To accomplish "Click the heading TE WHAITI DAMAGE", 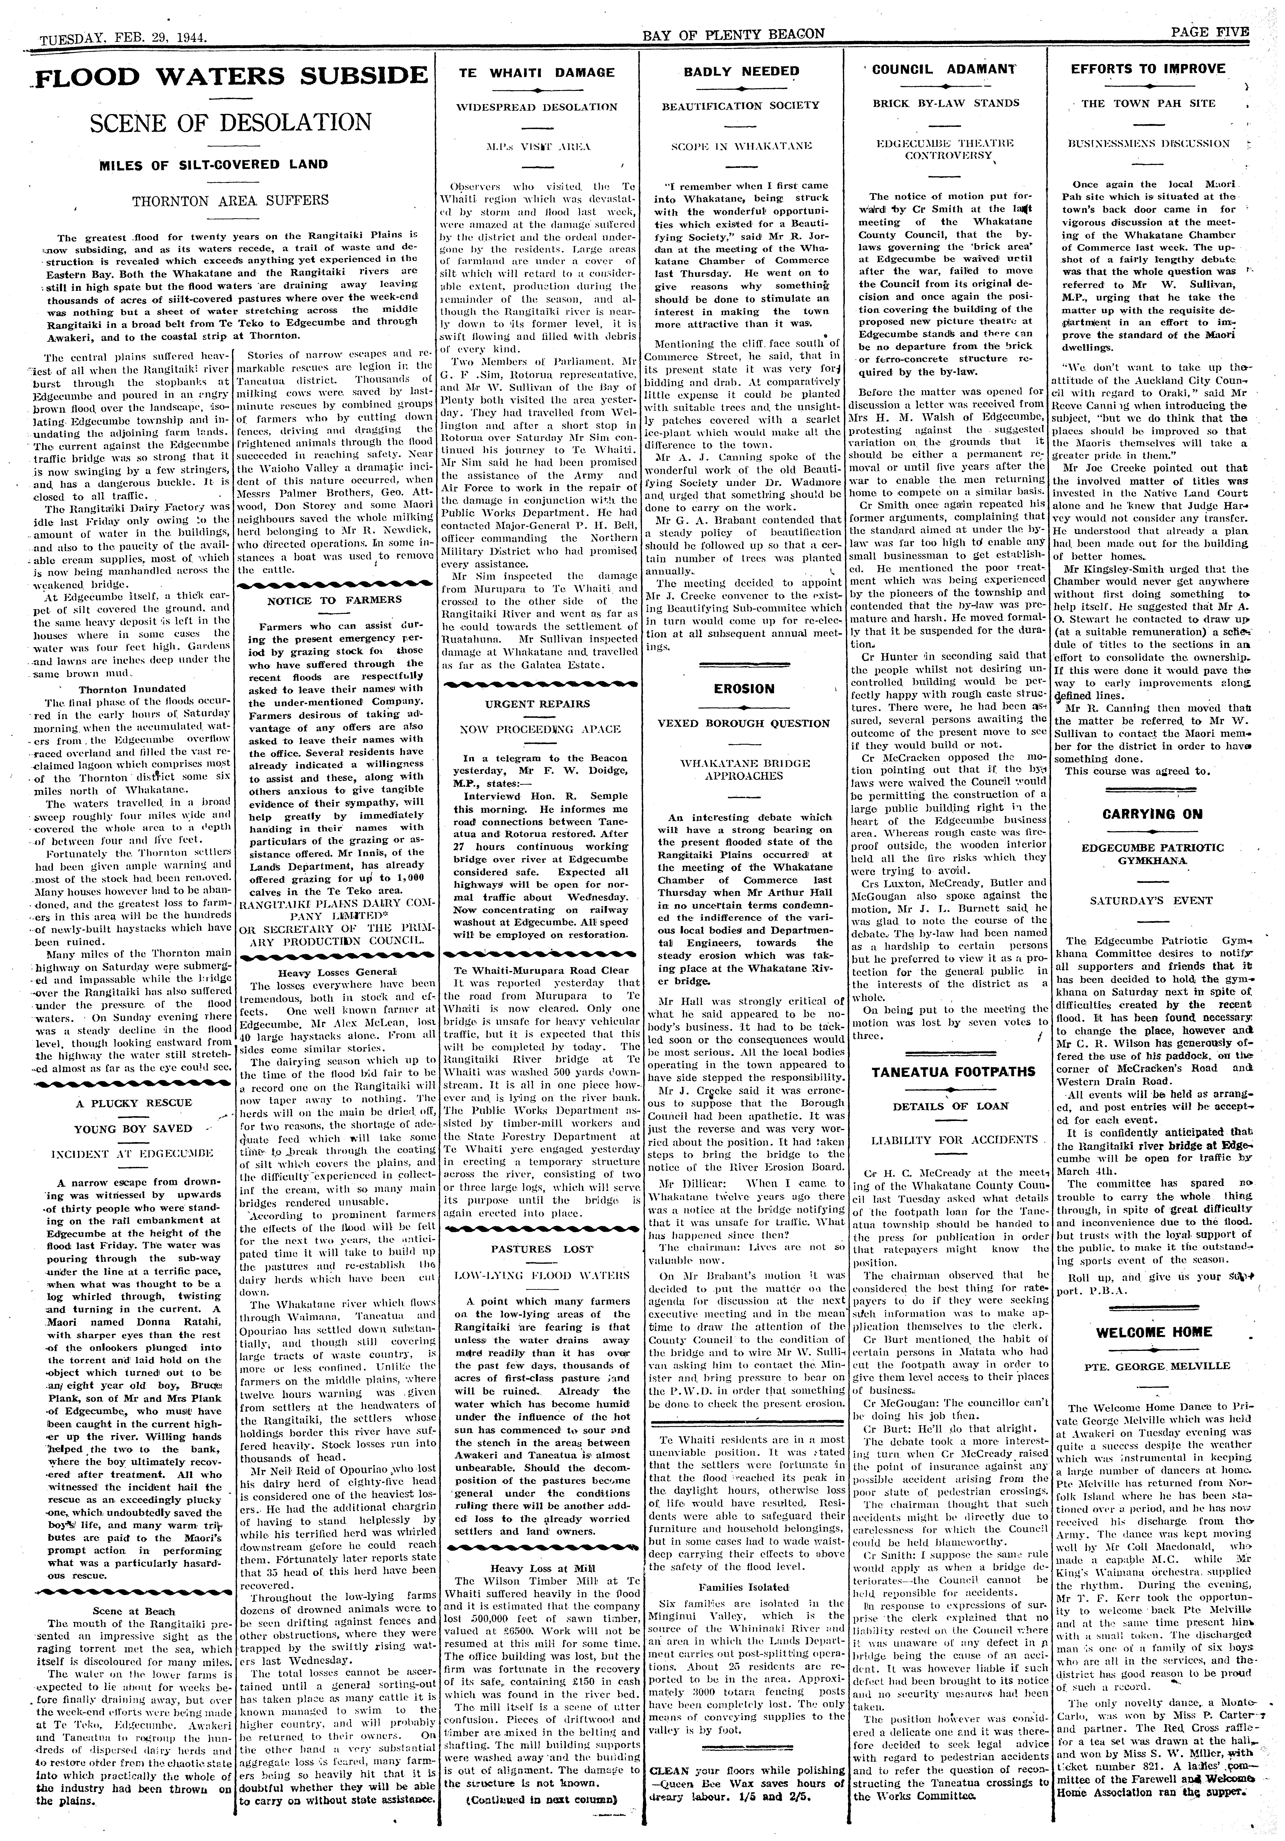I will pyautogui.click(x=536, y=72).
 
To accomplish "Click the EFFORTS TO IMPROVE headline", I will pyautogui.click(x=1148, y=69).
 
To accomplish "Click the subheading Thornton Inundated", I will pyautogui.click(x=132, y=688).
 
